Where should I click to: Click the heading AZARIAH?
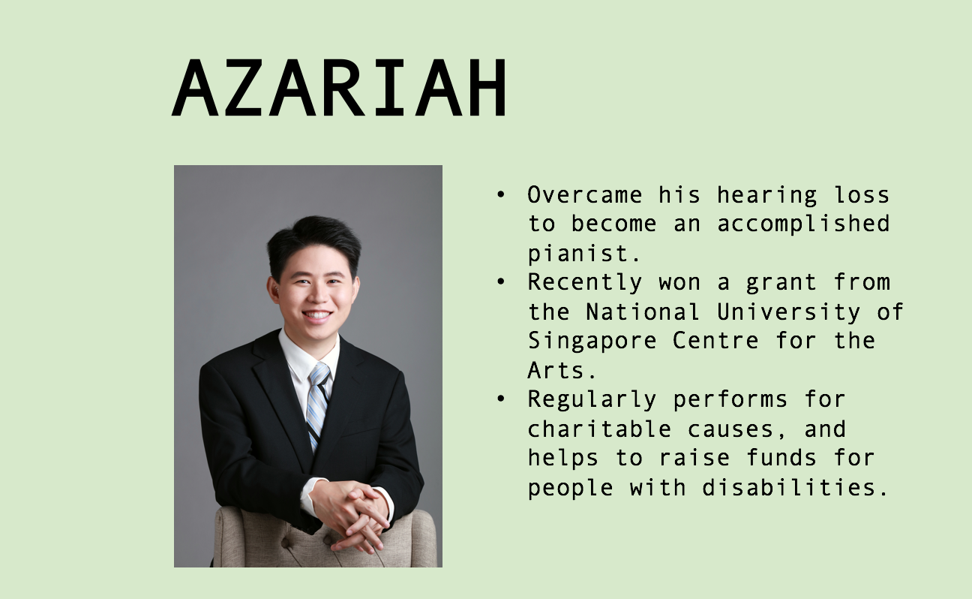(x=340, y=87)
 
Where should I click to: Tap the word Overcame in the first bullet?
(x=584, y=195)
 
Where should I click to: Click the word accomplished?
(x=803, y=224)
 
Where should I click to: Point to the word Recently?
(x=584, y=283)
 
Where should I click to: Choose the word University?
(x=788, y=312)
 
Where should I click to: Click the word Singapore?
(x=592, y=341)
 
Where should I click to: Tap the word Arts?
(x=562, y=371)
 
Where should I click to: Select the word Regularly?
(x=592, y=399)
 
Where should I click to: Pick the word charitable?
(x=599, y=429)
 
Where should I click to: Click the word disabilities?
(x=796, y=487)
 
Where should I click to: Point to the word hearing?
(x=766, y=195)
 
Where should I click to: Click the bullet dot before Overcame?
(x=501, y=194)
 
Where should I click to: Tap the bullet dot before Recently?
(x=501, y=282)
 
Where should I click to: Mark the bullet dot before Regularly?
(x=501, y=399)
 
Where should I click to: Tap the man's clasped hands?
(x=352, y=514)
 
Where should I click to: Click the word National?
(x=643, y=312)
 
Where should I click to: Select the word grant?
(x=781, y=283)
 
